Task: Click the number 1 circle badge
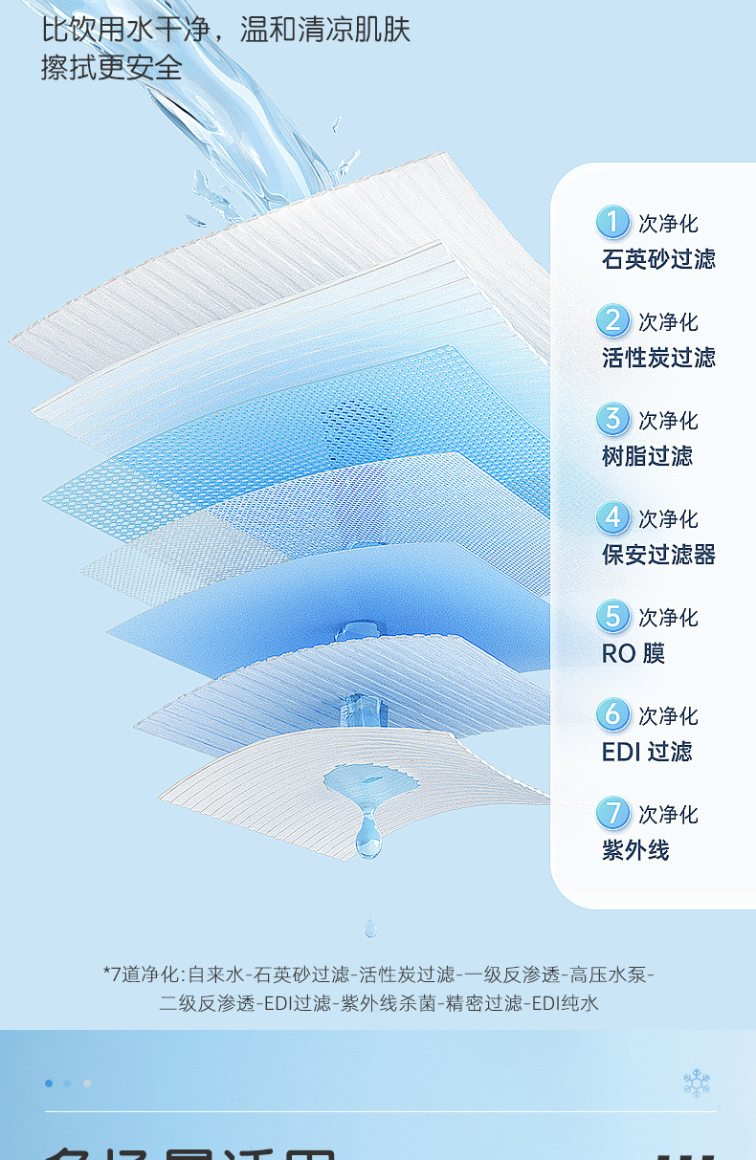pos(612,223)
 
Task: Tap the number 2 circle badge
pos(612,321)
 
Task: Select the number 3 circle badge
pos(612,420)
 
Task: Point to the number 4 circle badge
pos(612,518)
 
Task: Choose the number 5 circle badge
pos(612,617)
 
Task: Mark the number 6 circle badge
pos(612,715)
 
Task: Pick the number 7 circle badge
pos(612,814)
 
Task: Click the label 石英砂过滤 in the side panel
pos(658,259)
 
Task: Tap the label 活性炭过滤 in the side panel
pos(658,358)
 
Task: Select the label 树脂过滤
pos(647,456)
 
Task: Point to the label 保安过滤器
pos(658,555)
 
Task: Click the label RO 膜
pos(633,653)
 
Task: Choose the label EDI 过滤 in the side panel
pos(646,752)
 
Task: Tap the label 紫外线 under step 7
pos(635,850)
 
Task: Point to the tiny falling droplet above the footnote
pos(369,926)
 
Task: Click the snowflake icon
pos(696,1083)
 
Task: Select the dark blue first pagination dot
pos(49,1083)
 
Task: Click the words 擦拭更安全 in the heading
pos(111,68)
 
